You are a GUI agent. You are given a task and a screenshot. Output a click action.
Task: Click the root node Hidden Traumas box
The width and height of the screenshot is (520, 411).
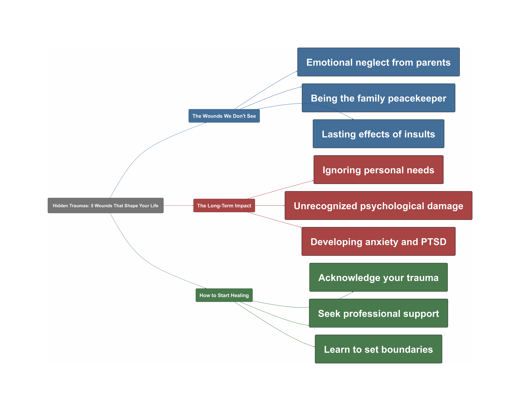pyautogui.click(x=106, y=205)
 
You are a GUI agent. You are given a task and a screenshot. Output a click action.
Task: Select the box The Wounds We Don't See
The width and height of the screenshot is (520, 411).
pyautogui.click(x=224, y=116)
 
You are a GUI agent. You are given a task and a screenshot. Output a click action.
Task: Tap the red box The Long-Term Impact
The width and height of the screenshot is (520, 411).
pyautogui.click(x=224, y=205)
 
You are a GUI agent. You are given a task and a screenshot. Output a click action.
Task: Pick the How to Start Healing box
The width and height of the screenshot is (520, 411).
pyautogui.click(x=224, y=295)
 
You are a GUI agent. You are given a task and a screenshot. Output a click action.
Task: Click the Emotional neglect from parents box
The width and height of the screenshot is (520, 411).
pyautogui.click(x=378, y=62)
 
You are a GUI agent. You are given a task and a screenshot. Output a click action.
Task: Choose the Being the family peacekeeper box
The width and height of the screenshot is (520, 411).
pyautogui.click(x=378, y=98)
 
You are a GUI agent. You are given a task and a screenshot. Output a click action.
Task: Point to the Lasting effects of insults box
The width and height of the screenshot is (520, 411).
pyautogui.click(x=378, y=134)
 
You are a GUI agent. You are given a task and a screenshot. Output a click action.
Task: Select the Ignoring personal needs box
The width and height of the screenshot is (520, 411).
pyautogui.click(x=378, y=170)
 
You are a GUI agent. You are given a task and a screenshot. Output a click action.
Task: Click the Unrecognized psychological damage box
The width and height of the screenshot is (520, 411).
pyautogui.click(x=378, y=206)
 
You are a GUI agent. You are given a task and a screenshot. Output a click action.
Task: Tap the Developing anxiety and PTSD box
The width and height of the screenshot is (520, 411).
pyautogui.click(x=378, y=242)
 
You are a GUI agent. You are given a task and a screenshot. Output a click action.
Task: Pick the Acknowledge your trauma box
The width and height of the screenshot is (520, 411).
pyautogui.click(x=378, y=278)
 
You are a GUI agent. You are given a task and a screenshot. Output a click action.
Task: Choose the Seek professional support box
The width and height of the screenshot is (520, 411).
pyautogui.click(x=378, y=313)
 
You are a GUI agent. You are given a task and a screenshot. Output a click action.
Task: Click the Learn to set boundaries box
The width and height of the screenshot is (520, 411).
pyautogui.click(x=378, y=349)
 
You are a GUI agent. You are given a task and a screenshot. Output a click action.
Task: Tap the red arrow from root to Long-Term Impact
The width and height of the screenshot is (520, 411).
pyautogui.click(x=178, y=205)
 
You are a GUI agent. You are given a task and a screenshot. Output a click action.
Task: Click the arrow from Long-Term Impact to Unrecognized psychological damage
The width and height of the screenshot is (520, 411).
pyautogui.click(x=270, y=205)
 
